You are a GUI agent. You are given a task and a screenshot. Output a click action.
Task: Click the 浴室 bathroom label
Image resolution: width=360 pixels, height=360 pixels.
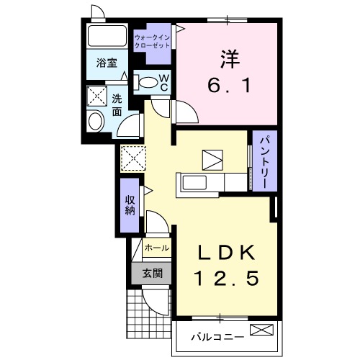107,63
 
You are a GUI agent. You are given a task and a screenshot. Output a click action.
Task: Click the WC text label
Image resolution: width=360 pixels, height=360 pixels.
164,81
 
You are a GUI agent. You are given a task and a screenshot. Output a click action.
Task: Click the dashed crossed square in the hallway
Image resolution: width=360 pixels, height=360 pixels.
133,158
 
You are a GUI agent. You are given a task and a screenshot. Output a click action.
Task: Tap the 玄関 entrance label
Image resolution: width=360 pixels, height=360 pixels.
151,273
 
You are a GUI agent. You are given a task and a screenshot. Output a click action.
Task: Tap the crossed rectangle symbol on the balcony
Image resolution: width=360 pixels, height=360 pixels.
262,331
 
